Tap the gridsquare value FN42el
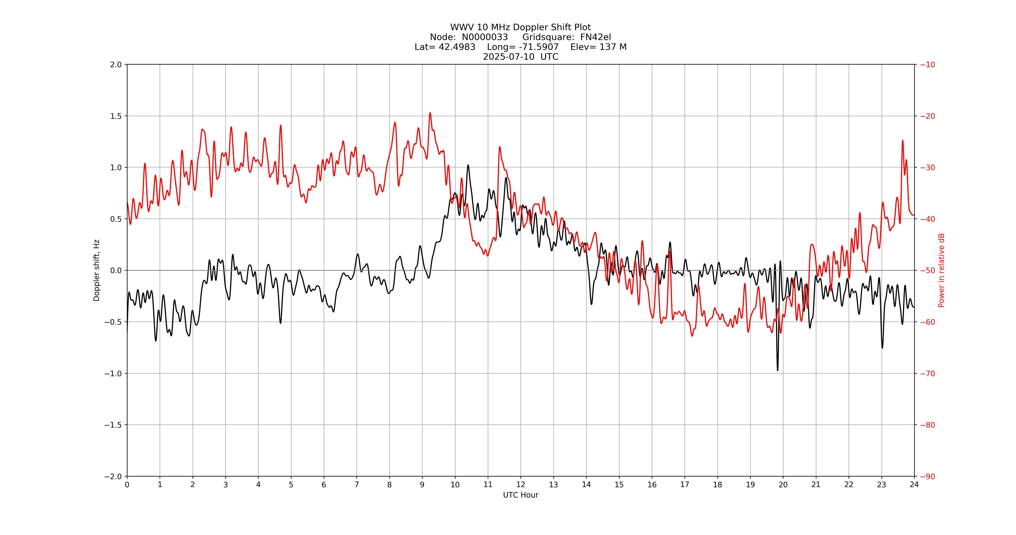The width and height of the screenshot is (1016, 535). pos(595,37)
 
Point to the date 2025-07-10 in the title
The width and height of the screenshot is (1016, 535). pos(509,57)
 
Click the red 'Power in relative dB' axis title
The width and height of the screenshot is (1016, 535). pos(941,270)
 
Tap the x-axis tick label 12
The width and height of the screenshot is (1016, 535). pos(521,484)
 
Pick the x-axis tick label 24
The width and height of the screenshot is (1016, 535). pos(914,484)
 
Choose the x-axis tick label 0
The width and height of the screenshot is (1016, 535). pos(127,484)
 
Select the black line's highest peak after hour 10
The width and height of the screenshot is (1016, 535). pos(468,165)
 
